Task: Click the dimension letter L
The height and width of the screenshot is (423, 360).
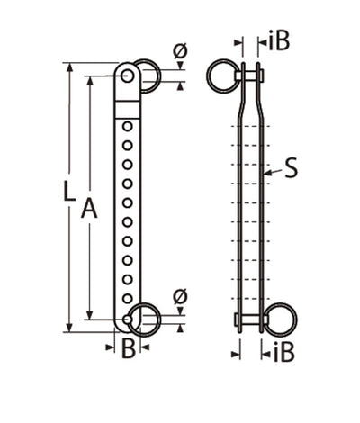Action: tap(58, 191)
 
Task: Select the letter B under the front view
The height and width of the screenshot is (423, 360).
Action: tap(128, 349)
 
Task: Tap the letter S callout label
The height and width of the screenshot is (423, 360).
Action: tap(291, 168)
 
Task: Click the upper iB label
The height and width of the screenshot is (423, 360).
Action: tap(278, 42)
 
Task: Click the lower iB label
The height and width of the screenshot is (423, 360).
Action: tap(279, 350)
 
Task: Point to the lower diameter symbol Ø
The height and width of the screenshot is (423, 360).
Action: tap(178, 295)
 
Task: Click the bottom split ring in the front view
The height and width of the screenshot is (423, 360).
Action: tap(145, 319)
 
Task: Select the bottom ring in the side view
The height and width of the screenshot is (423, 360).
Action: tap(283, 319)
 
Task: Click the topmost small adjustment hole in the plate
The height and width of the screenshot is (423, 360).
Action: tap(128, 126)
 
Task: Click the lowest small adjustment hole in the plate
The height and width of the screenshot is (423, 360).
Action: tap(128, 298)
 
